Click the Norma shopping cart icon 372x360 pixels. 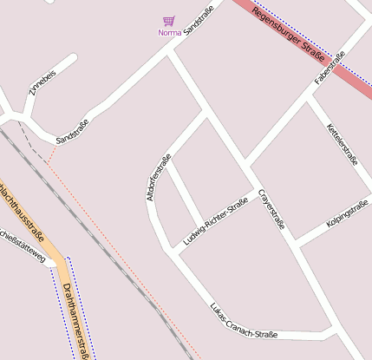[x=169, y=21]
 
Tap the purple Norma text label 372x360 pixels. [x=169, y=33]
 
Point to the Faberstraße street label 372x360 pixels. [x=330, y=68]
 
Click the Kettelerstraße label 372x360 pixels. [x=342, y=143]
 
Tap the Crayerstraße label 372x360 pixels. [x=271, y=209]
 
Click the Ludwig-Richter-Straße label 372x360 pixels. [x=216, y=220]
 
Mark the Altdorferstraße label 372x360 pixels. [x=159, y=178]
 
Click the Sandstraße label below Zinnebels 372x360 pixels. [x=72, y=131]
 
